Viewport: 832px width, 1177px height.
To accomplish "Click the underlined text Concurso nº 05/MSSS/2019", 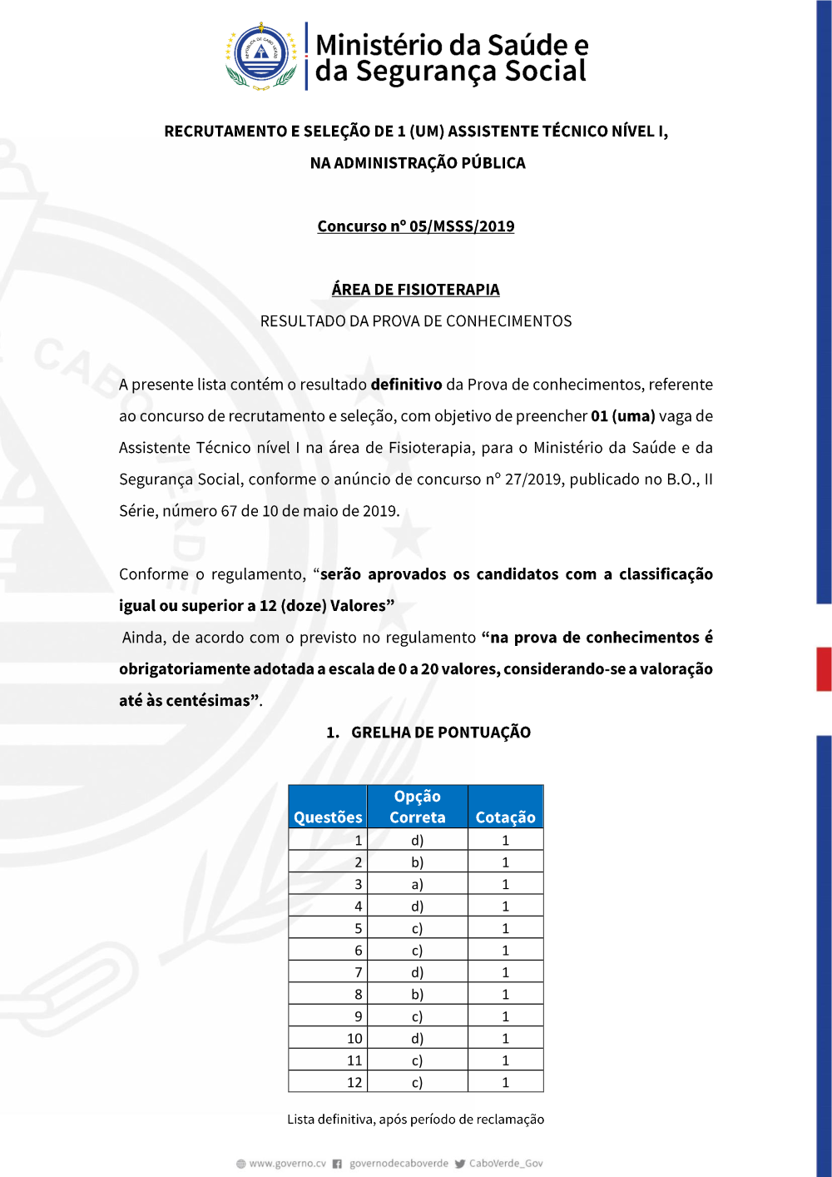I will coord(416,226).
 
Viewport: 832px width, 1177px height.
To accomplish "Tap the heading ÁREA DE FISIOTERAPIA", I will coord(416,290).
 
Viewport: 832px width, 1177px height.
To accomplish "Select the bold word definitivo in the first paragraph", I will coord(406,385).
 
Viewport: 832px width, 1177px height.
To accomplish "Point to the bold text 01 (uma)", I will coord(623,416).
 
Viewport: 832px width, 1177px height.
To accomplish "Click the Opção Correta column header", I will coord(418,807).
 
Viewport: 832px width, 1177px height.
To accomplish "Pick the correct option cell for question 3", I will coord(418,884).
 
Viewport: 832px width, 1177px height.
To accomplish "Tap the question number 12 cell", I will coord(328,1082).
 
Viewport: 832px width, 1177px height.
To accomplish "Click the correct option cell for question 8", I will coord(418,994).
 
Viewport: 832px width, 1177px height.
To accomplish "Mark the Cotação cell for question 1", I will coord(505,840).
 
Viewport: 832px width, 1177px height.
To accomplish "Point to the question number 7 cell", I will coord(328,972).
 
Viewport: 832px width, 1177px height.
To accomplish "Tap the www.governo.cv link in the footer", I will coord(287,1164).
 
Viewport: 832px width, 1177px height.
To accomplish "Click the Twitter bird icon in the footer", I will coord(460,1164).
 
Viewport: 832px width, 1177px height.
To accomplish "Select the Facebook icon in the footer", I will coord(337,1164).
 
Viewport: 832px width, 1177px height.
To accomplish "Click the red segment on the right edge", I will coord(824,668).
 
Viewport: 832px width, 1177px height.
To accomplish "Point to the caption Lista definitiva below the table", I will coord(416,1120).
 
